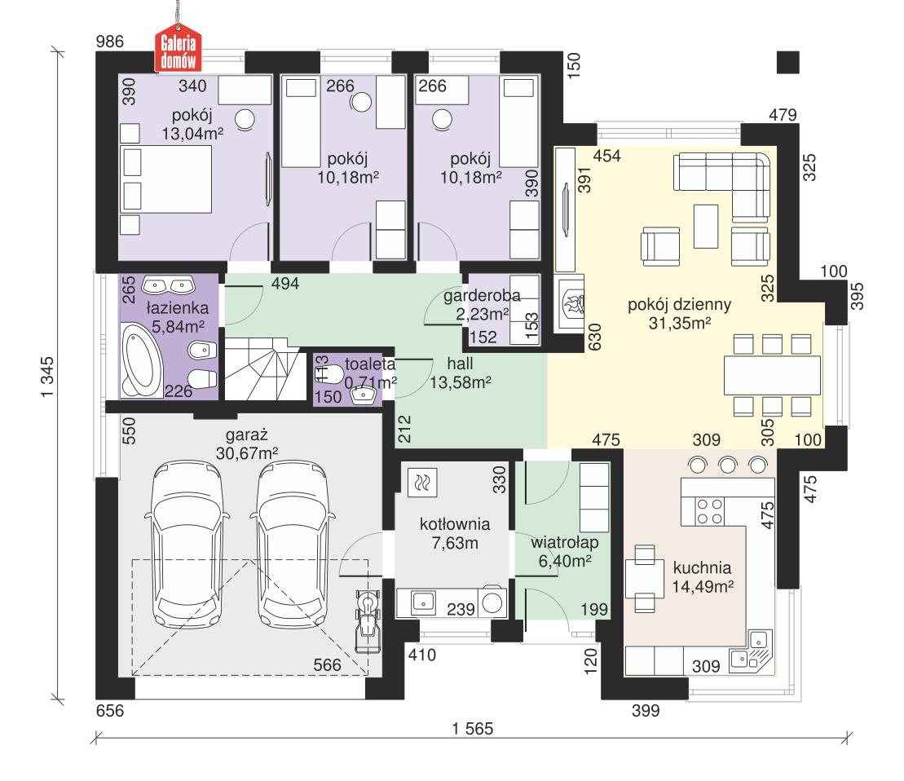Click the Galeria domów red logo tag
point(179,50)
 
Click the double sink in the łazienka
point(167,285)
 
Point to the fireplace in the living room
point(570,306)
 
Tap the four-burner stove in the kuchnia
point(709,511)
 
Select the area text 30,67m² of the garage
point(245,452)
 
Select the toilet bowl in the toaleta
point(327,373)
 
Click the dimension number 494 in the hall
point(286,284)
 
